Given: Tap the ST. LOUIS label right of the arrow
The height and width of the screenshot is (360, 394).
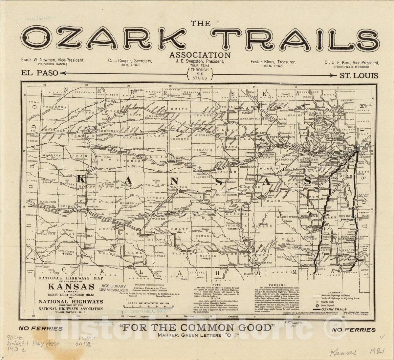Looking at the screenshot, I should [x=359, y=76].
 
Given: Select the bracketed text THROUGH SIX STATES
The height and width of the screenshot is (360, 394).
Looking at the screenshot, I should [x=200, y=74].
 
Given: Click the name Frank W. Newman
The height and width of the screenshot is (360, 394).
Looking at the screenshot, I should [x=53, y=60].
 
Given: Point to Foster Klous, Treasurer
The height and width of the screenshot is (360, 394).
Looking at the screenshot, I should [x=273, y=62].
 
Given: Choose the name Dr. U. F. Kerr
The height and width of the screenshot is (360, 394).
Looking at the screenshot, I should [x=352, y=63].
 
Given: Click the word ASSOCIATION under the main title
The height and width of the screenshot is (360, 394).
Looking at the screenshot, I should [x=200, y=55].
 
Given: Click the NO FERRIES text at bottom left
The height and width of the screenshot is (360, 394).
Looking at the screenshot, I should [x=41, y=328].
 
